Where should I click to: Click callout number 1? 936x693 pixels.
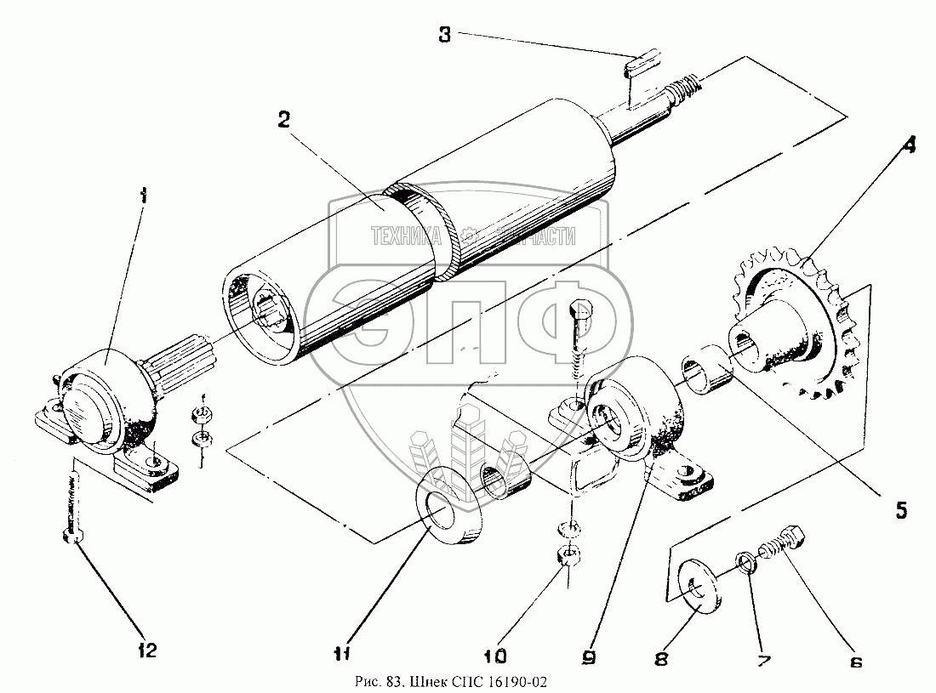[143, 196]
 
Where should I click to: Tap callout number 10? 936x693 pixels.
[494, 656]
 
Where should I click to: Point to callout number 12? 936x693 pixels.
[147, 651]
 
